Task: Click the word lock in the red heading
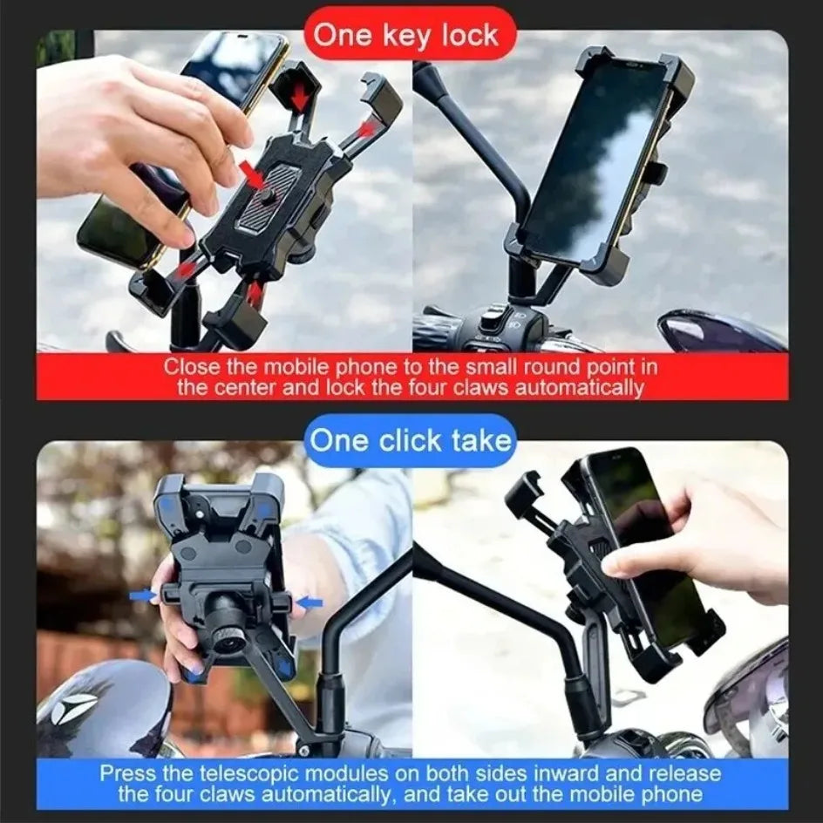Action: [x=468, y=36]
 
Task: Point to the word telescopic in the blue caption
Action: [x=265, y=773]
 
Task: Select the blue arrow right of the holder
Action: [x=309, y=602]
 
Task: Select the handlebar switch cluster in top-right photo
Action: [x=497, y=328]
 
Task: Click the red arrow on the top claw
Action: [x=299, y=98]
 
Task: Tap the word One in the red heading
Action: [x=342, y=36]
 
